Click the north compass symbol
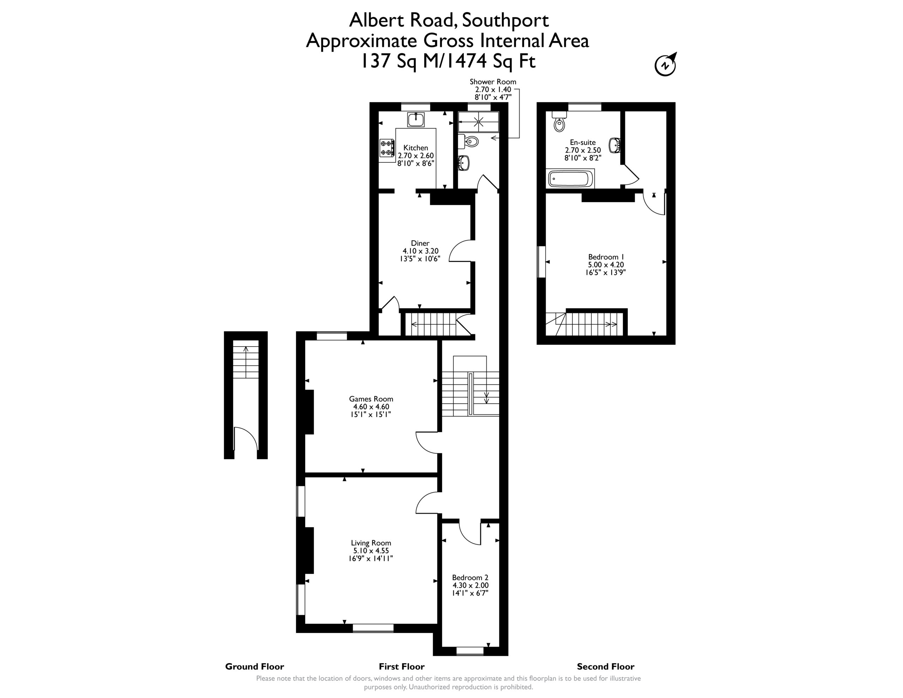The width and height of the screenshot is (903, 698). pyautogui.click(x=666, y=65)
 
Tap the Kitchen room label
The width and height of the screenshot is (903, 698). pyautogui.click(x=416, y=148)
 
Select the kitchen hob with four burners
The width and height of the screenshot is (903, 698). pyautogui.click(x=387, y=148)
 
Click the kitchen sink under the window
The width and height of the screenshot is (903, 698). pyautogui.click(x=416, y=119)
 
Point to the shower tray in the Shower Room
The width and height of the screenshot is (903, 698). pyautogui.click(x=478, y=122)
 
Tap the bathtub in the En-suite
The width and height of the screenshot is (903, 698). pyautogui.click(x=570, y=179)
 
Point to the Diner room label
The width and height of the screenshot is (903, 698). pyautogui.click(x=420, y=243)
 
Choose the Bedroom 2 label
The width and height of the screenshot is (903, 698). pyautogui.click(x=470, y=578)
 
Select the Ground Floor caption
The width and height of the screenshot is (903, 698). pyautogui.click(x=255, y=667)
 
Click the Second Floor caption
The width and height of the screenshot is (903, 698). pyautogui.click(x=606, y=667)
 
